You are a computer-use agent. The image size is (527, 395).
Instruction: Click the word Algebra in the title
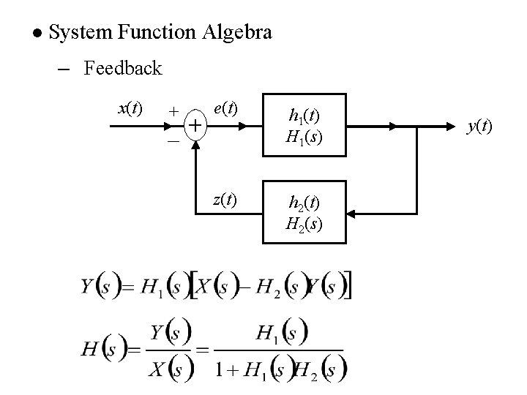(x=238, y=32)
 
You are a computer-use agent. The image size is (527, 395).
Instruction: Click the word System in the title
(x=80, y=32)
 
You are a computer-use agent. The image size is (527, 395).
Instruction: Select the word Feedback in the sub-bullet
(x=122, y=69)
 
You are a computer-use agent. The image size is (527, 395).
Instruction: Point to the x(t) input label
(x=130, y=108)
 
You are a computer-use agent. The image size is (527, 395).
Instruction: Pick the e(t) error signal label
(x=225, y=108)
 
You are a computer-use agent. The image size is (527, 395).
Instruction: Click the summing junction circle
(x=195, y=127)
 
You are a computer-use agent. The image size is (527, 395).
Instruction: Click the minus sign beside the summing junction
(x=173, y=142)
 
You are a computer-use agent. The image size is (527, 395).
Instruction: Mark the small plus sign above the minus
(x=173, y=110)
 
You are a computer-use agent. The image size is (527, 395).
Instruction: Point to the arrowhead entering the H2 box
(x=352, y=213)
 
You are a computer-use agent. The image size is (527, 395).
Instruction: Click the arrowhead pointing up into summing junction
(x=195, y=143)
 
